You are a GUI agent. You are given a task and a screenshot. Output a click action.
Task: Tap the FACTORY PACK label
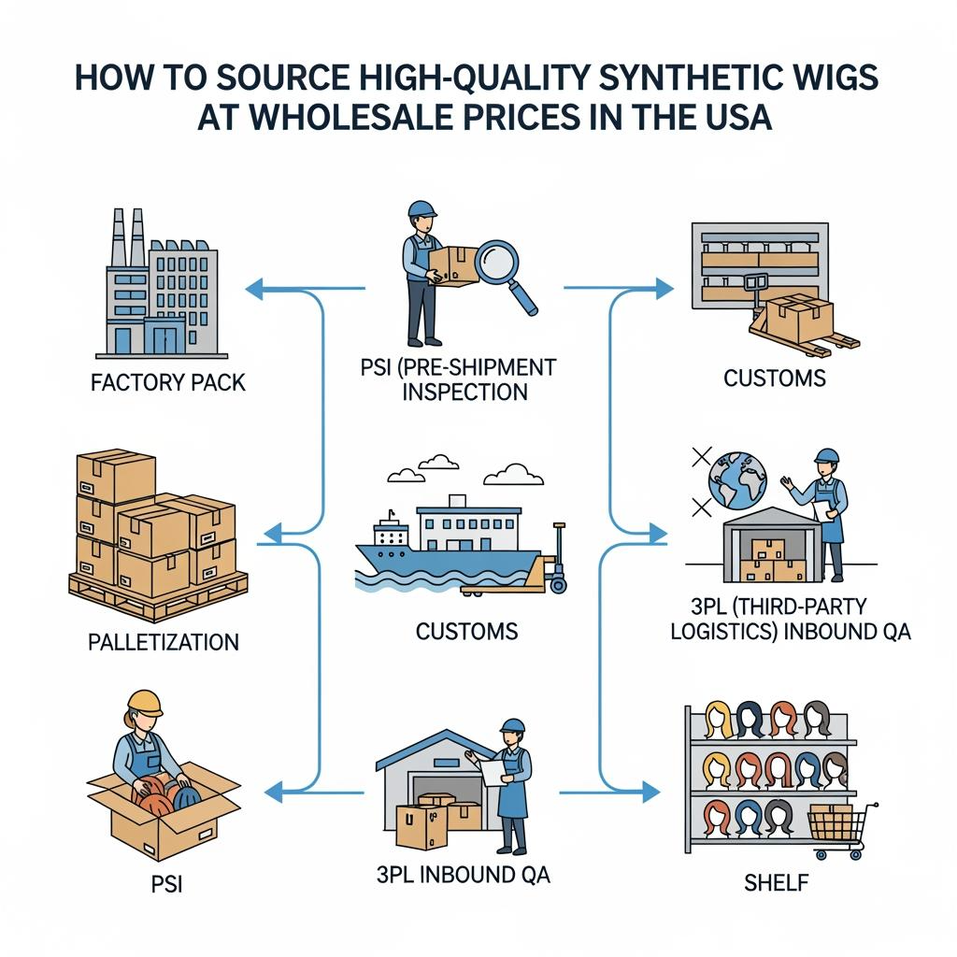pyautogui.click(x=169, y=383)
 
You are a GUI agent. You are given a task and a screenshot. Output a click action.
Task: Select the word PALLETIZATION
pyautogui.click(x=164, y=642)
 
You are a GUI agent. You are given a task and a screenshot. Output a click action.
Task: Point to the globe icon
pyautogui.click(x=737, y=479)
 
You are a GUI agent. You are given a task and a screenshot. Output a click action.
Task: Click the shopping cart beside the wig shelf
pyautogui.click(x=835, y=828)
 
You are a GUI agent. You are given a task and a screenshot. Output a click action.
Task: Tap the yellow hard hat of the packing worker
pyautogui.click(x=145, y=703)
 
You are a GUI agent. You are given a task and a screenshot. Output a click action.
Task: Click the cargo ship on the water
pyautogui.click(x=439, y=547)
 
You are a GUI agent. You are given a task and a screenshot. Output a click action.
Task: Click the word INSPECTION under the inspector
pyautogui.click(x=465, y=392)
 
